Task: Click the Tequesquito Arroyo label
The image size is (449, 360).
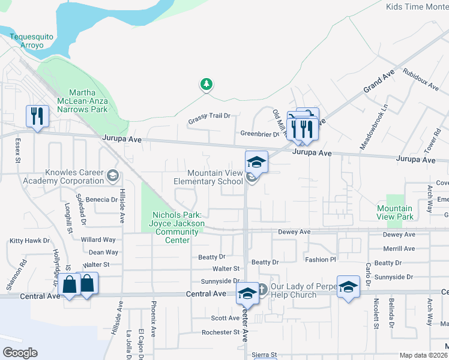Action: [32, 41]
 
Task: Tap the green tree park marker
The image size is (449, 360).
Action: [206, 85]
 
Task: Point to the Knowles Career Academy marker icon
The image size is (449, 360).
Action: [112, 176]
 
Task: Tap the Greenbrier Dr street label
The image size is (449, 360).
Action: [260, 134]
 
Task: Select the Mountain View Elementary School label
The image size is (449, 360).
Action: [208, 177]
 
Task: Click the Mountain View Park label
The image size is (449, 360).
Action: [394, 212]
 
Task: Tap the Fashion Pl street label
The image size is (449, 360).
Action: [320, 260]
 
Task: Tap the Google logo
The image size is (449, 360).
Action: [20, 353]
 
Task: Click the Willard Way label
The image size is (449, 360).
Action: [98, 240]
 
